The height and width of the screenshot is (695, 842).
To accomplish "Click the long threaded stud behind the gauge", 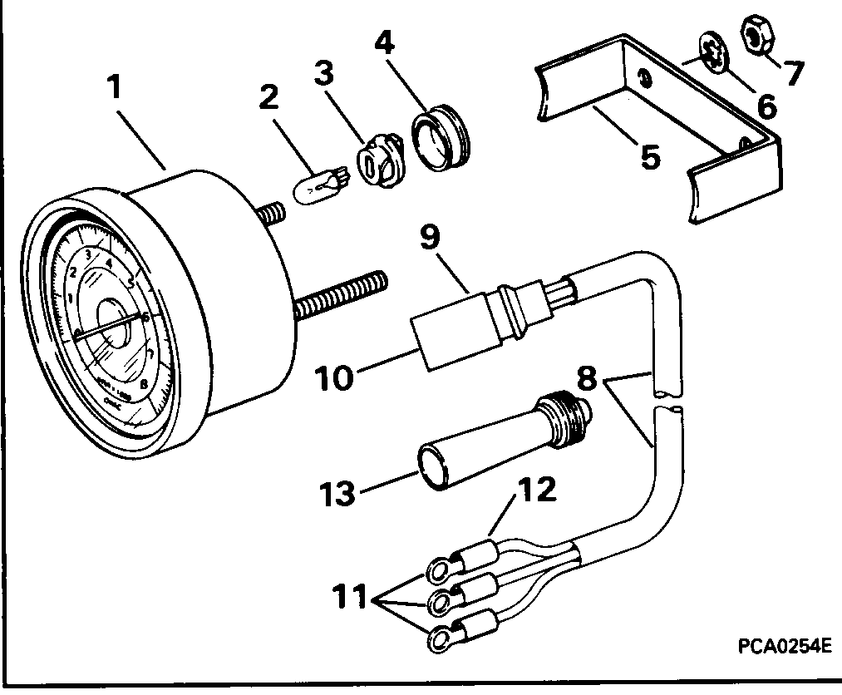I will click(x=341, y=295).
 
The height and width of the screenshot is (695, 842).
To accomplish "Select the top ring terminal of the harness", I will click(x=438, y=570).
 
